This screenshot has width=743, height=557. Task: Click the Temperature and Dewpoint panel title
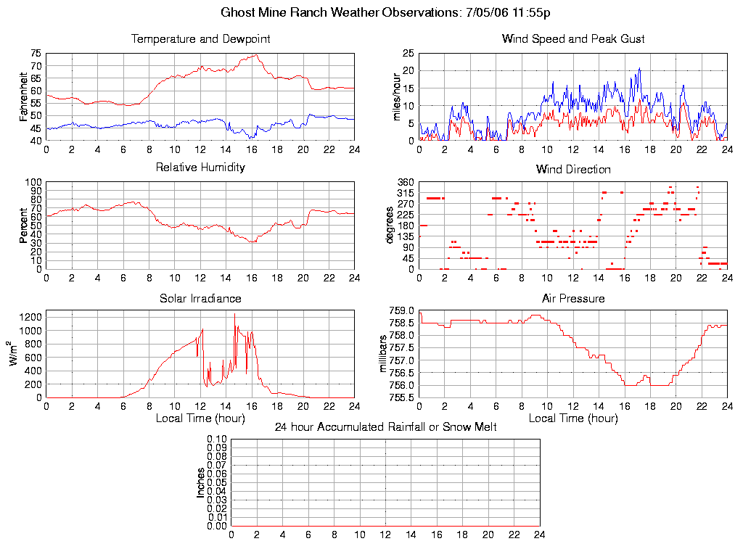click(x=200, y=38)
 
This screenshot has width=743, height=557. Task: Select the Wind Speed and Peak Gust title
click(x=573, y=38)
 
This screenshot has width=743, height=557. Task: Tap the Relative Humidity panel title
click(x=200, y=168)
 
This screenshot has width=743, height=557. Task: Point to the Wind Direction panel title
click(x=573, y=169)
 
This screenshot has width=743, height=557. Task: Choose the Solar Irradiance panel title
click(x=200, y=298)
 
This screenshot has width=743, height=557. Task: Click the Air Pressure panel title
click(x=573, y=298)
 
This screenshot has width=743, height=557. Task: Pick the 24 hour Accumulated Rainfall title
click(x=385, y=427)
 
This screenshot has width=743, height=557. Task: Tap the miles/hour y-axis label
click(x=397, y=97)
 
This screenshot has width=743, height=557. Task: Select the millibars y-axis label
click(x=385, y=354)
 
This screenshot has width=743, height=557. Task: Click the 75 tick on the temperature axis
click(x=36, y=54)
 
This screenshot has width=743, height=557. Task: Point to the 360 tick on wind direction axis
click(x=405, y=182)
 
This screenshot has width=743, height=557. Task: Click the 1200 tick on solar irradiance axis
click(x=31, y=317)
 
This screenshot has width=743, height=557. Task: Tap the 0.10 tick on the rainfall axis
click(x=218, y=440)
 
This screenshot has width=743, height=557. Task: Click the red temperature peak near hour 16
click(x=256, y=54)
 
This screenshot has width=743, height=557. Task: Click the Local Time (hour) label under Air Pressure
click(x=573, y=418)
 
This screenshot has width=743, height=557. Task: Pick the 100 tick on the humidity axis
click(x=33, y=182)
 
